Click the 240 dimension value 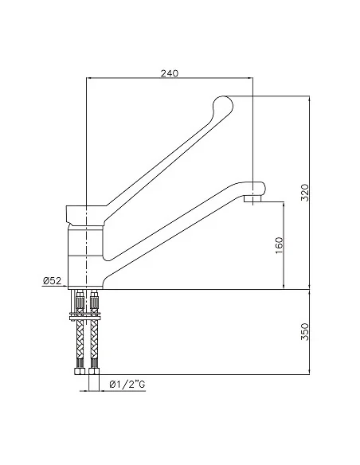pos(170,73)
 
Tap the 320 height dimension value pos(305,193)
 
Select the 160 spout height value pos(280,245)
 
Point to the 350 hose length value pos(305,331)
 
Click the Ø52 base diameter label pos(53,280)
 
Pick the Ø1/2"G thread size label pos(127,385)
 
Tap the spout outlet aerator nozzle pos(252,198)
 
